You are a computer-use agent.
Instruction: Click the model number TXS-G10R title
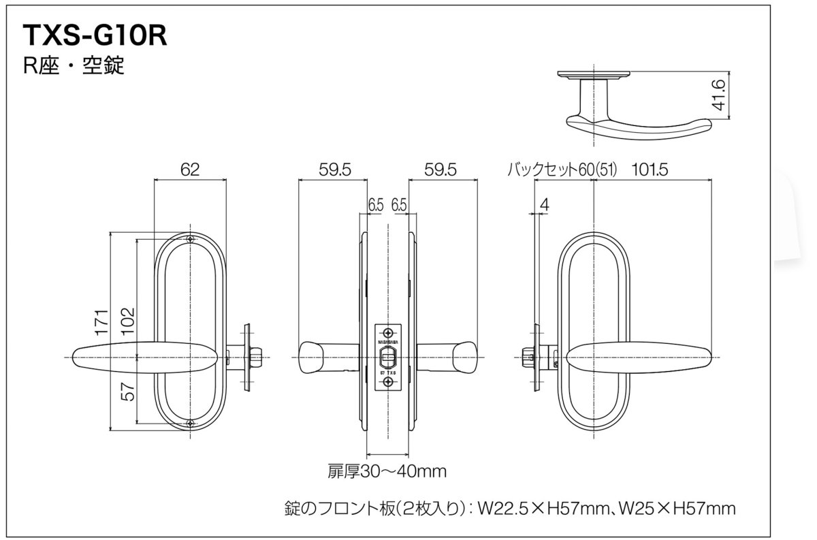click(x=95, y=36)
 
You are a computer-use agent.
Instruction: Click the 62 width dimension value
click(x=190, y=170)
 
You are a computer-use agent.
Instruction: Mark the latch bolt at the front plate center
click(x=388, y=356)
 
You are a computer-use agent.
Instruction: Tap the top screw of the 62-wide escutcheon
click(x=190, y=239)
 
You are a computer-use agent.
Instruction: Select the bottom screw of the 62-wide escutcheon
click(x=190, y=424)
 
